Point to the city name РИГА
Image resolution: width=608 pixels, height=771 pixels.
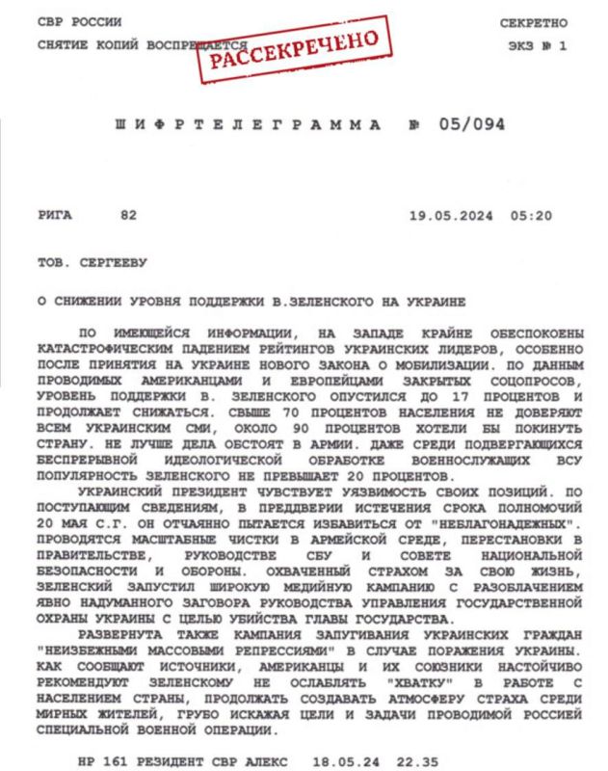(56, 215)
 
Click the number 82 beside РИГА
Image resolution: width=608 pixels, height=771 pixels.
(128, 215)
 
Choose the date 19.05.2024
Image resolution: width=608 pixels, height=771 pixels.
(449, 215)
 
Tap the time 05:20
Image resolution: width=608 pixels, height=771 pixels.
(534, 215)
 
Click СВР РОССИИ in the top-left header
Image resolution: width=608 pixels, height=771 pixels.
(76, 22)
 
